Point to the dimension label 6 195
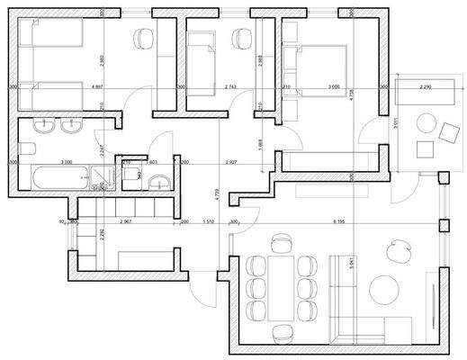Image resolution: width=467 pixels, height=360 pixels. [x=340, y=220]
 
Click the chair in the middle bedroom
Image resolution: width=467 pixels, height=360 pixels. [x=241, y=38]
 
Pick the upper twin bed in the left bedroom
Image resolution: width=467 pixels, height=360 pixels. [x=52, y=38]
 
